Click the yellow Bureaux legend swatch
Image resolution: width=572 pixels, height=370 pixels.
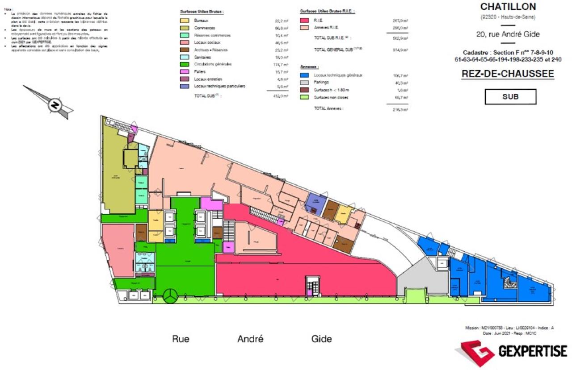point(184,21)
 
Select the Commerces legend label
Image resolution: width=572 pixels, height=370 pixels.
point(205,28)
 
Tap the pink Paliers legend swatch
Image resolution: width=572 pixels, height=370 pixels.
point(184,71)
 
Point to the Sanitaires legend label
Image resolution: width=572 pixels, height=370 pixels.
point(204,57)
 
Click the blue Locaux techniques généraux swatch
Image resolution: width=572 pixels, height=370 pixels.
point(305,75)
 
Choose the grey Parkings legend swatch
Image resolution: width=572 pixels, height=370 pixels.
point(305,83)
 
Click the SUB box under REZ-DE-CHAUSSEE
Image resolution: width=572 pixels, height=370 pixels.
point(510,96)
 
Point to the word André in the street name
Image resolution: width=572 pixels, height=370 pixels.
point(250,339)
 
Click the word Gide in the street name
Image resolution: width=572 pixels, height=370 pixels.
point(321,339)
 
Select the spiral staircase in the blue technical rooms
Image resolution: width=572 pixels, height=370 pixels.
point(509,282)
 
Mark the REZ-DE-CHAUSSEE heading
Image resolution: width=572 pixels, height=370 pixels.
point(507,74)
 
